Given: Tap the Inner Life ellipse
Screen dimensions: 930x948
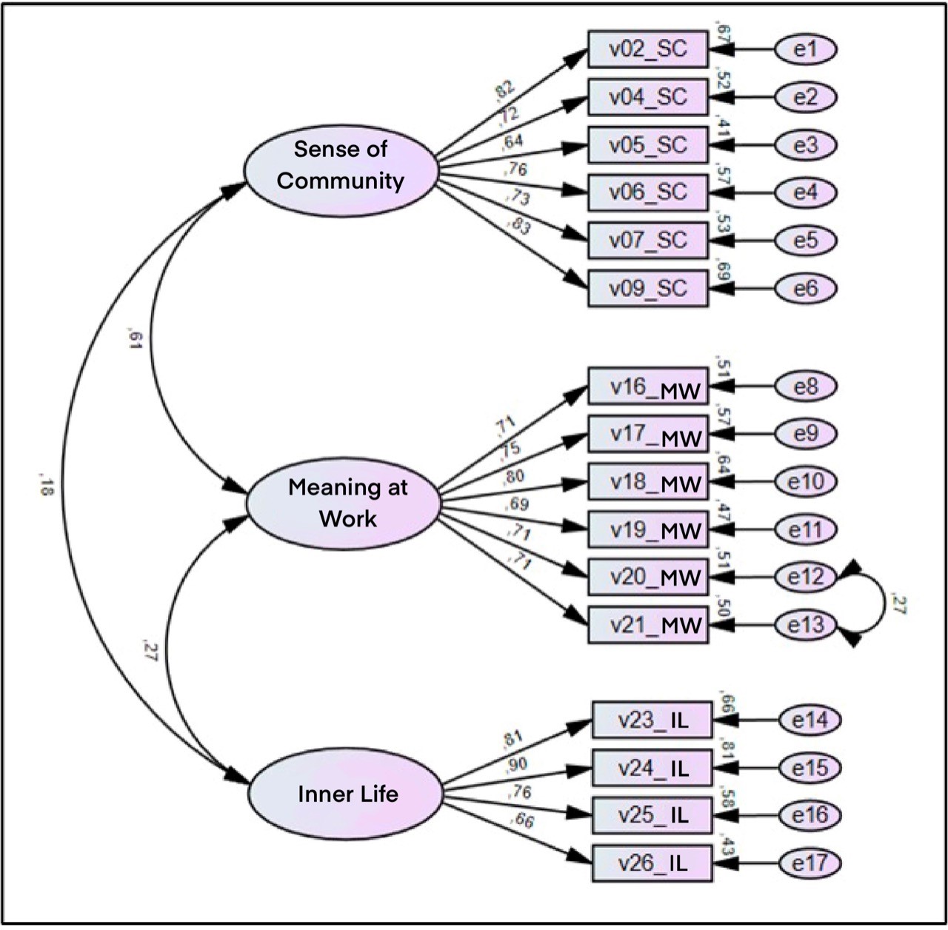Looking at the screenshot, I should [346, 794].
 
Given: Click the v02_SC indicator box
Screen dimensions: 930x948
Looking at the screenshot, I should [648, 50].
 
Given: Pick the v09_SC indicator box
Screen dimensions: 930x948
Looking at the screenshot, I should [648, 288].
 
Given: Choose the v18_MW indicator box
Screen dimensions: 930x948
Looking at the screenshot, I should [648, 482].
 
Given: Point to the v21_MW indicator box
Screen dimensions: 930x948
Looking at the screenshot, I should [648, 625].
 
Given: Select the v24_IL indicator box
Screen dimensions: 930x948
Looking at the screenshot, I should [652, 768].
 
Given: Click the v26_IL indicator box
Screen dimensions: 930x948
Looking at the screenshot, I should [652, 863].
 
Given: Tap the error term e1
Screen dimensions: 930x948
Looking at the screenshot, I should [806, 50].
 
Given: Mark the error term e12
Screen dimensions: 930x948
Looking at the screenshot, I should [806, 577].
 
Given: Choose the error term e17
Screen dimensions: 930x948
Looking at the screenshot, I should [810, 863].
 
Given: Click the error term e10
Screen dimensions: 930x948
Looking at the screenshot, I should [806, 482].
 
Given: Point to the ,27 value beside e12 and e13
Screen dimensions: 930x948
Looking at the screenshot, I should [899, 604].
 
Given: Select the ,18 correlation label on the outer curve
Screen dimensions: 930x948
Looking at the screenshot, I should [44, 486].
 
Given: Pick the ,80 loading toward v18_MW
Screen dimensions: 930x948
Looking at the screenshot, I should [514, 477].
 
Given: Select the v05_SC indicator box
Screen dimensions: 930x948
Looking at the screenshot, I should [648, 145].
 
